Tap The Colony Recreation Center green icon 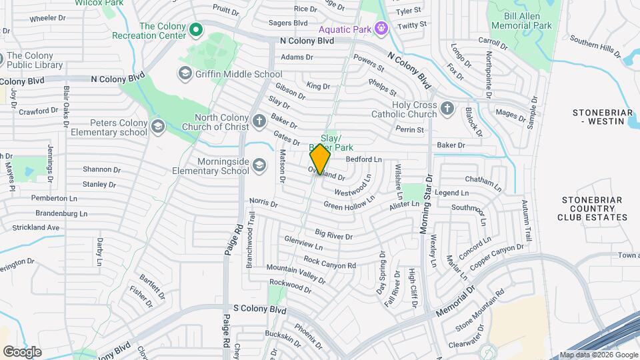pyautogui.click(x=196, y=29)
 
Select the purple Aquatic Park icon pyautogui.click(x=381, y=29)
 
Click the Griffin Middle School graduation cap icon pyautogui.click(x=185, y=73)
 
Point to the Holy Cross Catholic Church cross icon pyautogui.click(x=447, y=108)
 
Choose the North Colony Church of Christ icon pyautogui.click(x=259, y=121)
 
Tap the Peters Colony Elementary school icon pyautogui.click(x=158, y=125)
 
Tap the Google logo pyautogui.click(x=22, y=351)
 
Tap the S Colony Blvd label pyautogui.click(x=259, y=310)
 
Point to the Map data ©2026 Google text pyautogui.click(x=597, y=355)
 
